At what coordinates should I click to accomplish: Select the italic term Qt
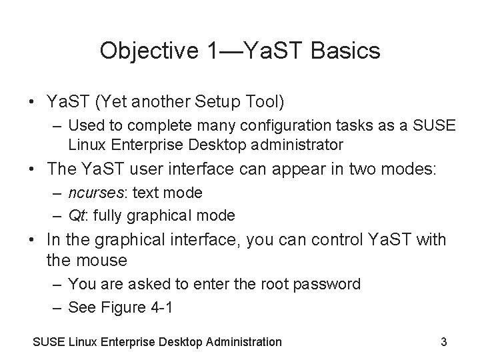tap(75, 215)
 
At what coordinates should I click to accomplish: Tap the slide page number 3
tap(444, 342)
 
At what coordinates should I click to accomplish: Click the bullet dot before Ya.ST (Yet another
tap(32, 103)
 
